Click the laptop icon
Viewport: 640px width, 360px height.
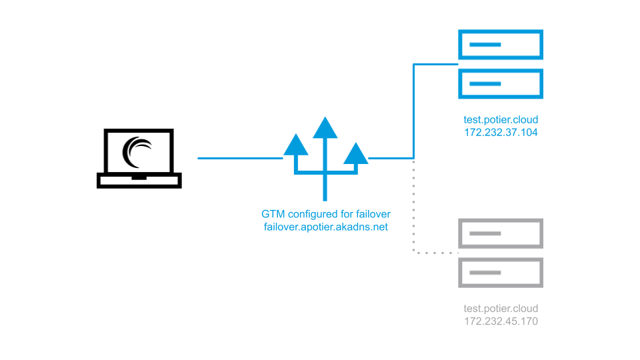click(x=139, y=158)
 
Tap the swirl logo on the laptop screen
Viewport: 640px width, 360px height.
click(x=138, y=153)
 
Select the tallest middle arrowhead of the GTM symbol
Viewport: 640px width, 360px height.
click(x=325, y=128)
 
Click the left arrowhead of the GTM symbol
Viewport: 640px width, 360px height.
click(x=295, y=145)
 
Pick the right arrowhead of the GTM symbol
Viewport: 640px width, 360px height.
click(x=355, y=154)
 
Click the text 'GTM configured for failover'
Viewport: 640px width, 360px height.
click(x=325, y=214)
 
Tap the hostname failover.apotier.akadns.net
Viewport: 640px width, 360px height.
click(x=325, y=227)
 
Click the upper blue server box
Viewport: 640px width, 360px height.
click(x=501, y=45)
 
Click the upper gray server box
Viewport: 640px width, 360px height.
click(x=501, y=233)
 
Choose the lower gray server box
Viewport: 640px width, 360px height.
click(x=501, y=272)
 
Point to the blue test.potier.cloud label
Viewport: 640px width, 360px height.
click(x=501, y=120)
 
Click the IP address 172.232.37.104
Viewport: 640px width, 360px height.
click(x=501, y=133)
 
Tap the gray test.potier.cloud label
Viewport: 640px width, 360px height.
click(x=501, y=309)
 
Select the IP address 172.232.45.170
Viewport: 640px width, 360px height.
click(x=501, y=321)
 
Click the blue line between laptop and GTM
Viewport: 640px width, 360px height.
click(x=240, y=158)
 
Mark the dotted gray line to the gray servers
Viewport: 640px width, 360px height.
click(x=414, y=213)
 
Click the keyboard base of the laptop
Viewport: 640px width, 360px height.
click(x=139, y=180)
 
